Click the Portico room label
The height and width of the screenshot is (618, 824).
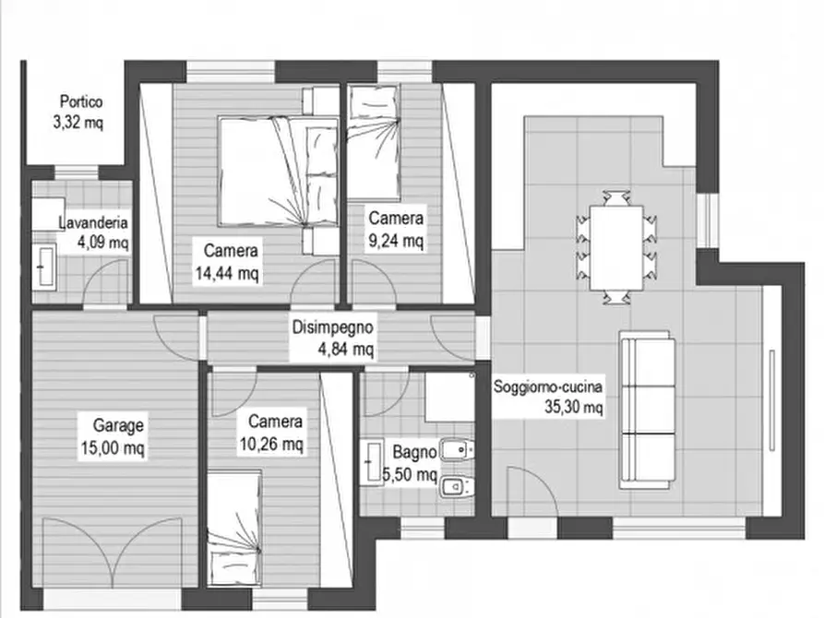click(80, 102)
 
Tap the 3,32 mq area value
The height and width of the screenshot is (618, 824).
click(78, 124)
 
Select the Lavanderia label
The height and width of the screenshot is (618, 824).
click(92, 222)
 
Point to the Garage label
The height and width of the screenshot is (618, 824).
click(117, 426)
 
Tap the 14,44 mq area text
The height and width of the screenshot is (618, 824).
click(227, 272)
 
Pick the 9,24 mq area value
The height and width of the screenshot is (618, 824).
click(396, 242)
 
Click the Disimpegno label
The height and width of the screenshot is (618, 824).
click(332, 327)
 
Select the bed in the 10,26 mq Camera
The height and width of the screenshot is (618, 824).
click(234, 524)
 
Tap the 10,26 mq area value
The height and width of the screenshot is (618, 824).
click(275, 444)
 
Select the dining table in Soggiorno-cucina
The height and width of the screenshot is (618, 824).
click(615, 246)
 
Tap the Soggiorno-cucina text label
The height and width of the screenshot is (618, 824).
click(548, 385)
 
